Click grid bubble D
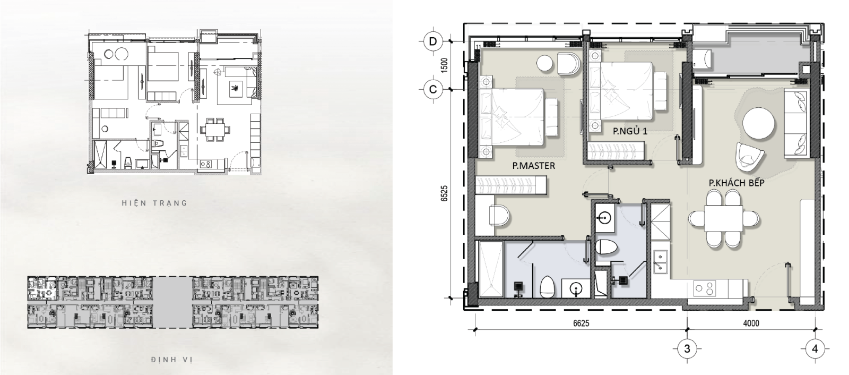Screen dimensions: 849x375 click(x=433, y=41)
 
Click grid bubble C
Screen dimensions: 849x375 click(x=433, y=90)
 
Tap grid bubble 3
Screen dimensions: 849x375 click(x=687, y=348)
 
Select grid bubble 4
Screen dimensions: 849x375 click(x=815, y=348)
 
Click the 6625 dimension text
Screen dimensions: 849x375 click(x=581, y=323)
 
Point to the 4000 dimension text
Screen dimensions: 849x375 click(x=751, y=323)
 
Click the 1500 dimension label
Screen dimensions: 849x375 click(x=445, y=65)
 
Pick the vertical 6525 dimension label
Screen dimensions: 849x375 click(x=445, y=193)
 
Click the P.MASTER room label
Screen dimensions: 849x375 click(x=534, y=166)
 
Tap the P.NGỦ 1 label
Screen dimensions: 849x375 click(x=630, y=131)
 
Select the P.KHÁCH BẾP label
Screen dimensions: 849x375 click(x=737, y=183)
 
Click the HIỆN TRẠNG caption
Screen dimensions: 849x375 click(x=154, y=203)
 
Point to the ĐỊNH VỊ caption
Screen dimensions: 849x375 click(x=172, y=360)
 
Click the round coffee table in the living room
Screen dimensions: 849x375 click(x=759, y=124)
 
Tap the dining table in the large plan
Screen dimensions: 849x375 click(x=724, y=218)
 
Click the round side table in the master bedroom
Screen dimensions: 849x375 click(x=546, y=63)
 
